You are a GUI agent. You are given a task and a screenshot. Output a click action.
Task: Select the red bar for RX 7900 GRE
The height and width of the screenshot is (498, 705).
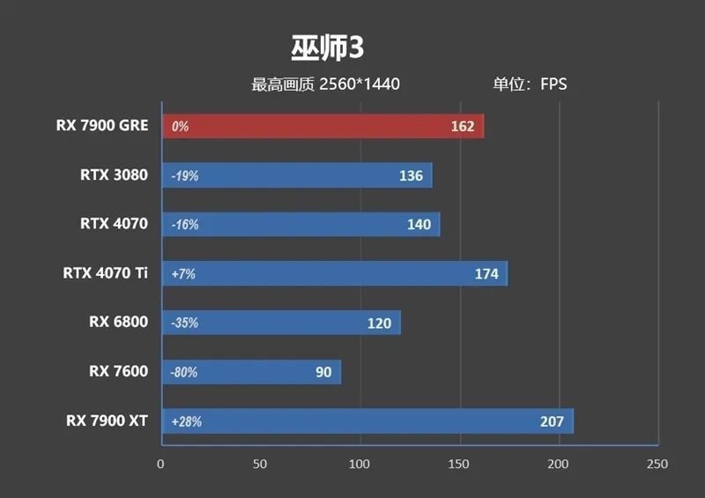[323, 126]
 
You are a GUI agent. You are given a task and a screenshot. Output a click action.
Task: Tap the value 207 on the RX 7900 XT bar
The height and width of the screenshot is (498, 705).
[552, 421]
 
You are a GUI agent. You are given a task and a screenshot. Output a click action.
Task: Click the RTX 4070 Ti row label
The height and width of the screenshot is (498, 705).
[105, 273]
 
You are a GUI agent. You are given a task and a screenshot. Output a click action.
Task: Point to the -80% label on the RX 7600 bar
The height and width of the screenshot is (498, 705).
[184, 372]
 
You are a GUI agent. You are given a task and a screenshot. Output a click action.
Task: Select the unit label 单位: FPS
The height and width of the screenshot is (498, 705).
[530, 85]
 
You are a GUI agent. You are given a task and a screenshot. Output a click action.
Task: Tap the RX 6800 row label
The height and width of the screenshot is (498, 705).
[118, 323]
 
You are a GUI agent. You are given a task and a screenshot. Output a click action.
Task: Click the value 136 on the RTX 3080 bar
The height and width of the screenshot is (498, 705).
[411, 175]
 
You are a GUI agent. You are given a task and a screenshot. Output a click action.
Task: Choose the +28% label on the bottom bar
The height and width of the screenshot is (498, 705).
[187, 421]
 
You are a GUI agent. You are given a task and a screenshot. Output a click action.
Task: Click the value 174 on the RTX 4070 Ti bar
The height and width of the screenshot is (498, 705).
[486, 274]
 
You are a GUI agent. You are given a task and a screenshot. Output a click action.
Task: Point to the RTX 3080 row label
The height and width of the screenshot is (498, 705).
[114, 175]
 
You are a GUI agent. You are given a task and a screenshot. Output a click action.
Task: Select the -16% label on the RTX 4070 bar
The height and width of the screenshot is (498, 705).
[185, 225]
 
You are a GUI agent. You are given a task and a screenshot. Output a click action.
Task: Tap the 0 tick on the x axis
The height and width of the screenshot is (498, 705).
[160, 464]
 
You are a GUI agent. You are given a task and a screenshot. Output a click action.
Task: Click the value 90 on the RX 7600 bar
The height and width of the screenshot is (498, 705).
[323, 372]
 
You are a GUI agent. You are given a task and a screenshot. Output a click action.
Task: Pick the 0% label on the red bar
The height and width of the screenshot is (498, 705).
[180, 126]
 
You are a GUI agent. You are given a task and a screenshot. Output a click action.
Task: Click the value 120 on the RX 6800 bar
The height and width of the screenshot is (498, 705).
[379, 323]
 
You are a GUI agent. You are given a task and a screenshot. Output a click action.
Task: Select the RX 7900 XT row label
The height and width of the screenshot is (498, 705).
[107, 421]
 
